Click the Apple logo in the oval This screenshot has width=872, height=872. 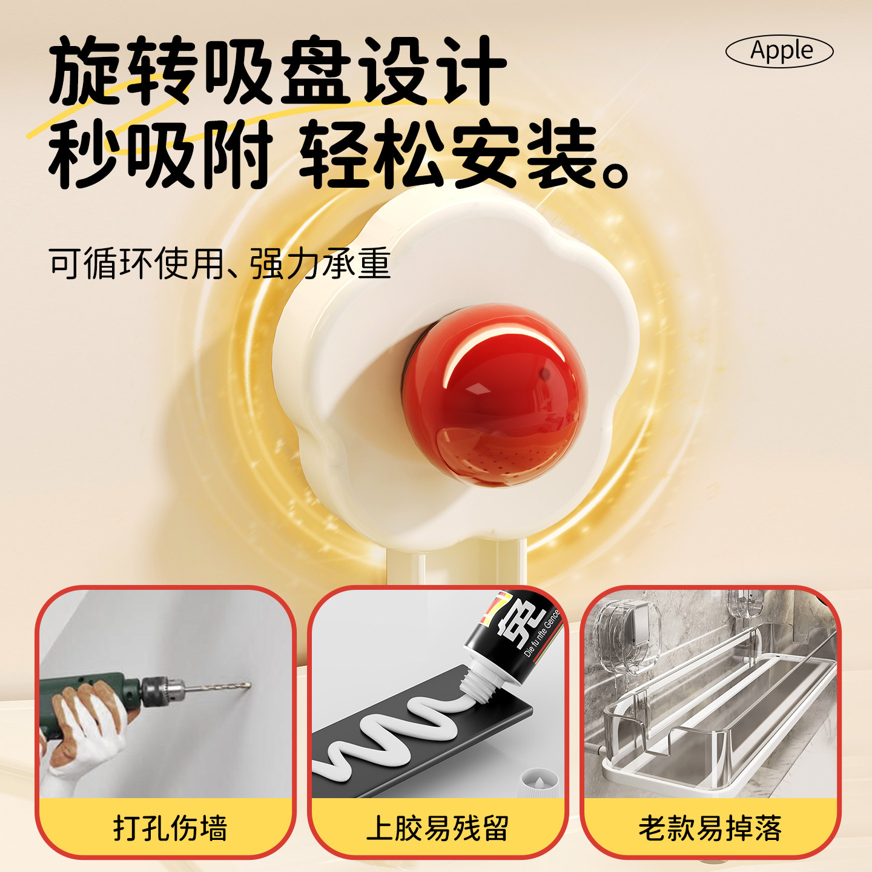tap(779, 51)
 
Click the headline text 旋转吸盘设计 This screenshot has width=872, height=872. tap(277, 71)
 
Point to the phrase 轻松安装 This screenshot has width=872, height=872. tap(448, 154)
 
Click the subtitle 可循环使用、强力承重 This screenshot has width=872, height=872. tap(219, 264)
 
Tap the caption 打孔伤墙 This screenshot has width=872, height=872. tap(170, 828)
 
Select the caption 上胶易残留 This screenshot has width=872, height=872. tap(437, 828)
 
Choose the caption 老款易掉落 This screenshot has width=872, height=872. tap(710, 828)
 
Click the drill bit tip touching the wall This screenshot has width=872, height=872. tap(247, 685)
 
